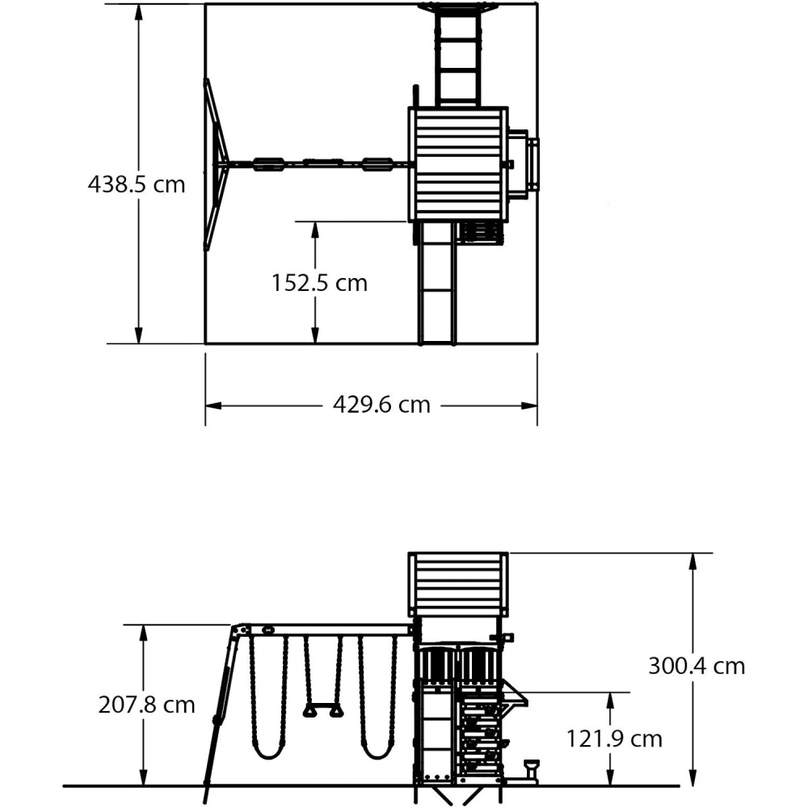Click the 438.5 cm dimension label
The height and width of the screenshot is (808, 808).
(x=137, y=184)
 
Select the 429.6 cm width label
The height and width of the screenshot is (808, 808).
(x=381, y=404)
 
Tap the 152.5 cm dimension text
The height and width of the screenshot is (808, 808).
(x=319, y=283)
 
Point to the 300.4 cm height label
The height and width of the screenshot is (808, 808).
(x=696, y=666)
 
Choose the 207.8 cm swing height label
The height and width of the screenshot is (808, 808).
(x=147, y=705)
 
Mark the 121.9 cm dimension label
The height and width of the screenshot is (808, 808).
(x=613, y=739)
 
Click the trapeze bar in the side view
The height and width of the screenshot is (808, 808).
(x=322, y=710)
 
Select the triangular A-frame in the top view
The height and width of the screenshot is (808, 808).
(x=215, y=164)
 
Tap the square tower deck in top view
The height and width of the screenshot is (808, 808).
(x=458, y=163)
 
